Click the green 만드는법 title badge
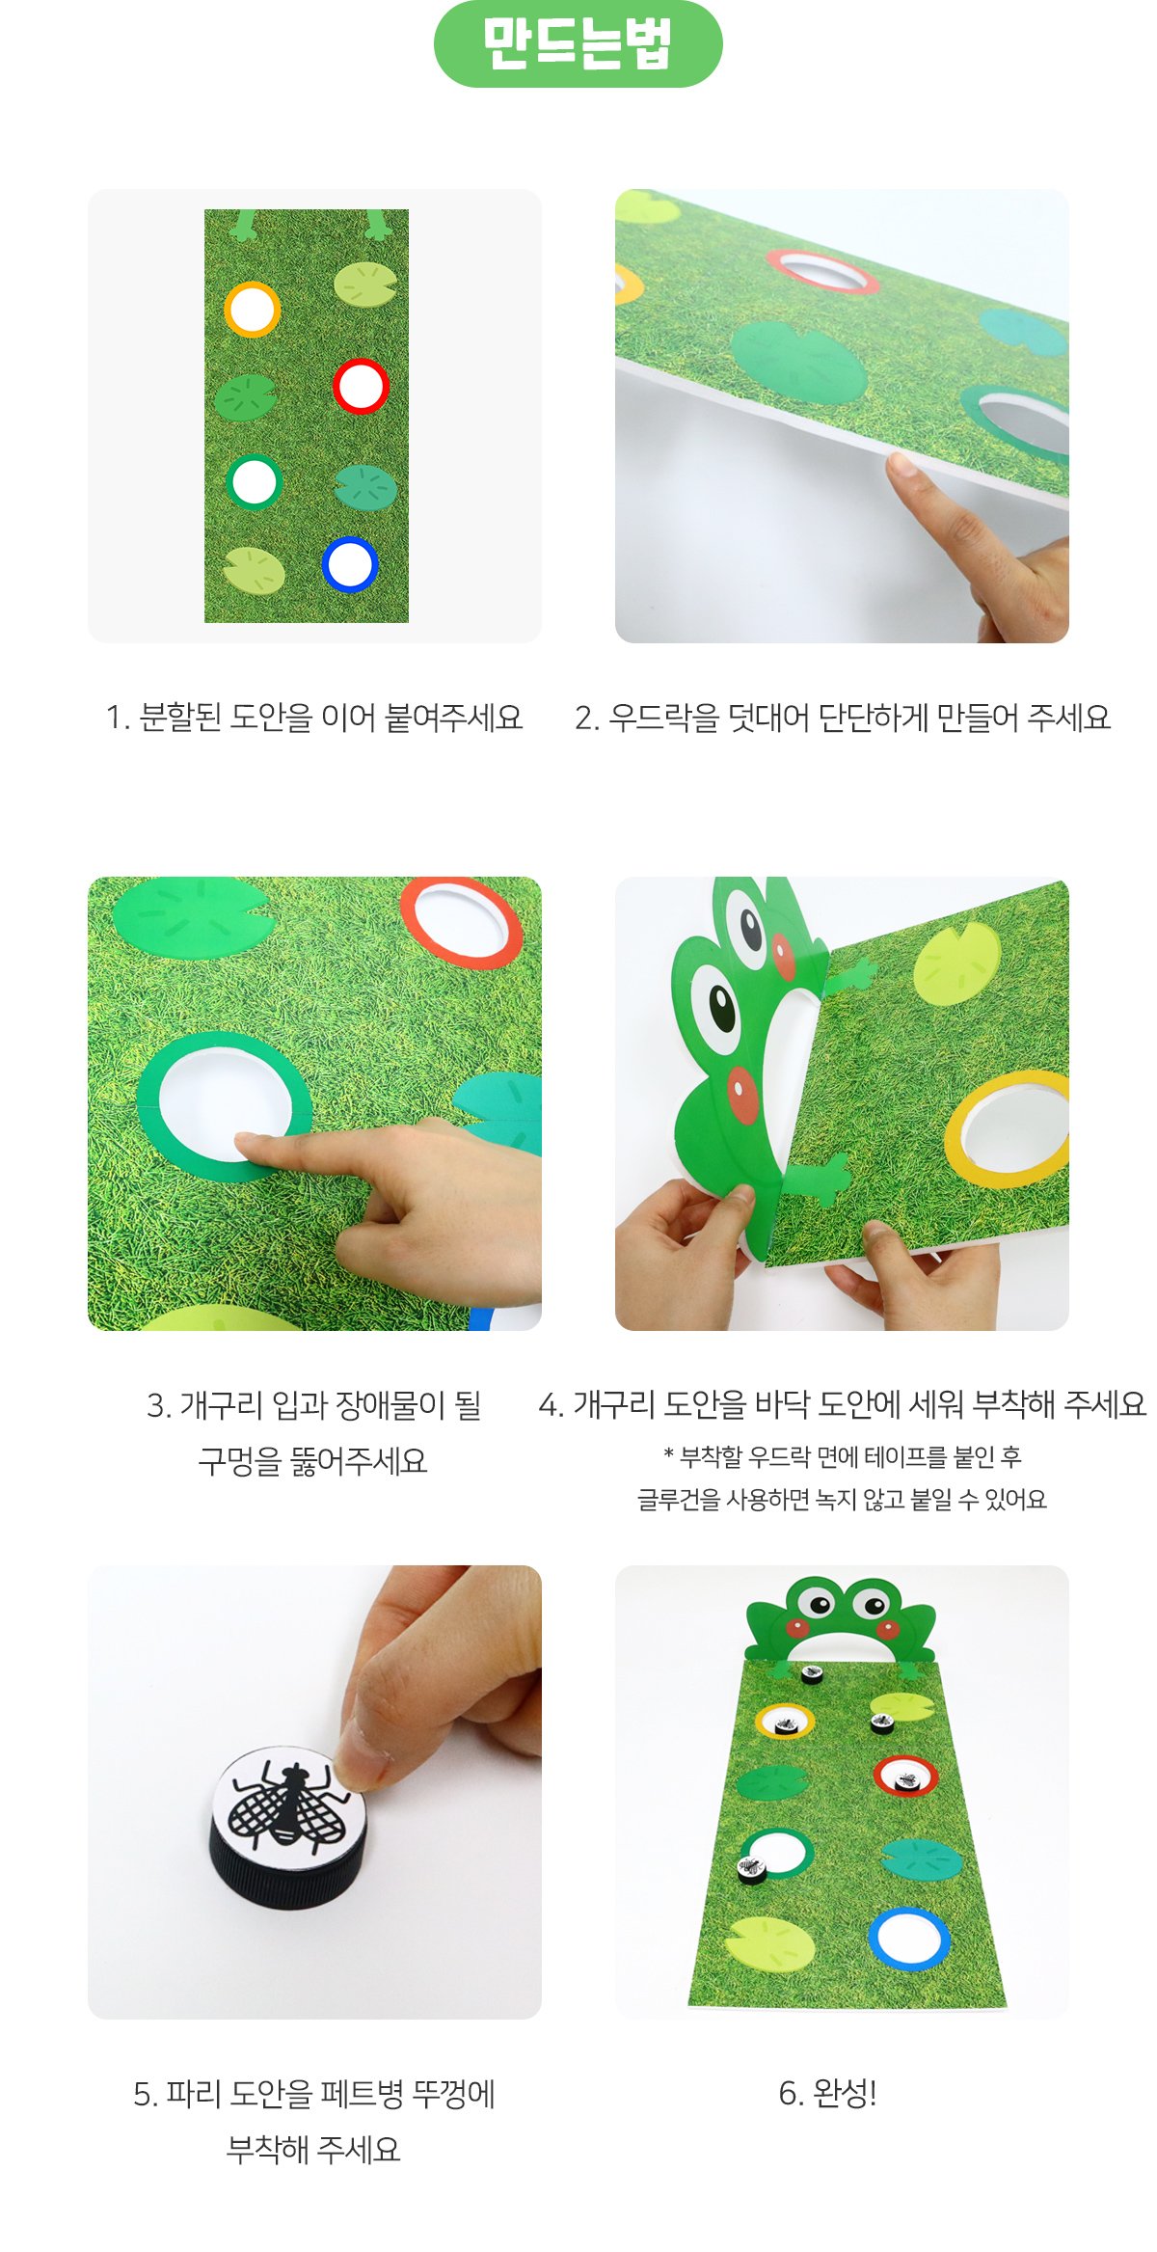click(x=578, y=44)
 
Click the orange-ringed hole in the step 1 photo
click(x=253, y=310)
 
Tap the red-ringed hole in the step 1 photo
click(x=361, y=386)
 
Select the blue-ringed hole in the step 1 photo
click(x=349, y=564)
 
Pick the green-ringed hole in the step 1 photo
click(x=255, y=481)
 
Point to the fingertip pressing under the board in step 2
click(x=901, y=468)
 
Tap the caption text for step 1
click(x=314, y=718)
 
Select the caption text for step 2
click(x=843, y=718)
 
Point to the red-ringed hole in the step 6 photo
click(x=905, y=1775)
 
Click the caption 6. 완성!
click(x=827, y=2093)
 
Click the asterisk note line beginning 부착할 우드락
click(x=842, y=1456)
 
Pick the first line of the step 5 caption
click(x=314, y=2094)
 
